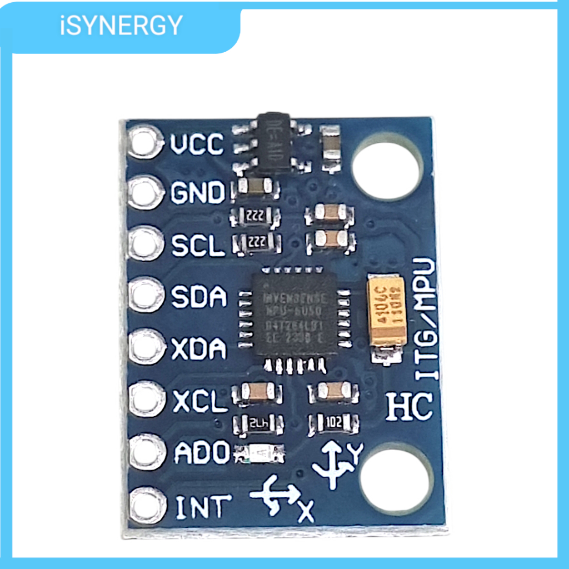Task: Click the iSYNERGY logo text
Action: pyautogui.click(x=121, y=26)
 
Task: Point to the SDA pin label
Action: pyautogui.click(x=199, y=297)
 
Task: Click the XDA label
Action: pyautogui.click(x=199, y=350)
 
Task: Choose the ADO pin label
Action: pyautogui.click(x=202, y=453)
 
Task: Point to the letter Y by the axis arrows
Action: pyautogui.click(x=356, y=454)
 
